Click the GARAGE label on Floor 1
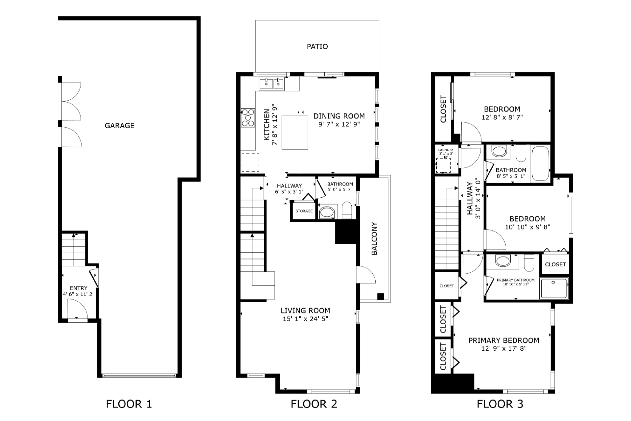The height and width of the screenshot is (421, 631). [x=119, y=125]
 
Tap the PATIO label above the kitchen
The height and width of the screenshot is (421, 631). [x=317, y=47]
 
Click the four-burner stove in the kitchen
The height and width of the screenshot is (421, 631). [x=248, y=118]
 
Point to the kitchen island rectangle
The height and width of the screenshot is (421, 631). [x=295, y=132]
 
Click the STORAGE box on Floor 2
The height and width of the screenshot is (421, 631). [x=304, y=211]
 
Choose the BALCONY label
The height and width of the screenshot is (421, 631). [x=374, y=238]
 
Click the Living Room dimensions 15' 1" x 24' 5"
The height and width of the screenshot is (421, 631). [x=305, y=319]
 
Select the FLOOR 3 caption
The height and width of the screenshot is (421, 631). [x=500, y=404]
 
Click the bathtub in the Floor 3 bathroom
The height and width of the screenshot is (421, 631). [x=540, y=163]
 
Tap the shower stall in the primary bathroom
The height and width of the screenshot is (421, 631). [x=554, y=288]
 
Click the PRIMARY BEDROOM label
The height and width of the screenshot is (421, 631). [x=503, y=340]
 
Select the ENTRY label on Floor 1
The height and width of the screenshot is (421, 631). [x=79, y=288]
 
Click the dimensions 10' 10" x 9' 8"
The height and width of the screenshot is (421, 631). [x=527, y=227]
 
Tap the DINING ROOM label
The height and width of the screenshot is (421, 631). [x=339, y=116]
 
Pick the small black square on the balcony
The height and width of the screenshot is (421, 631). [x=380, y=296]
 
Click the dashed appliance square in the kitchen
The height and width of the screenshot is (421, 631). [x=250, y=162]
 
